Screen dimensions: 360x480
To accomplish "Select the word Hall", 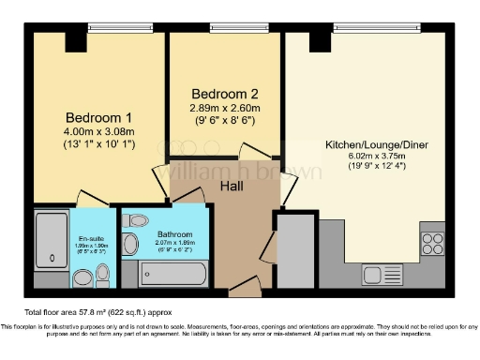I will tap(233, 186).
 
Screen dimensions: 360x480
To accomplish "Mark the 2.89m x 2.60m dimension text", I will tap(223, 109).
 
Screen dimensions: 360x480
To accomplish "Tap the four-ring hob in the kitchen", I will tap(432, 245).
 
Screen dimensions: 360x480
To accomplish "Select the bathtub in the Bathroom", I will tap(172, 274).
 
